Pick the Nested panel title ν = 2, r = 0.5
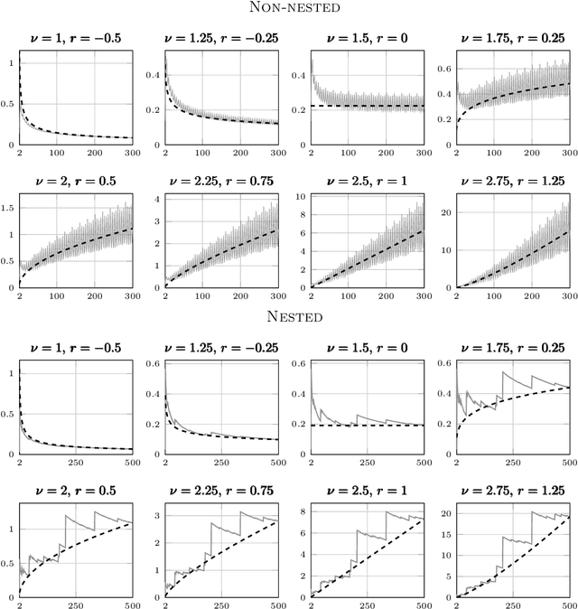pyautogui.click(x=72, y=491)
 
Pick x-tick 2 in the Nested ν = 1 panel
pyautogui.click(x=19, y=462)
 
